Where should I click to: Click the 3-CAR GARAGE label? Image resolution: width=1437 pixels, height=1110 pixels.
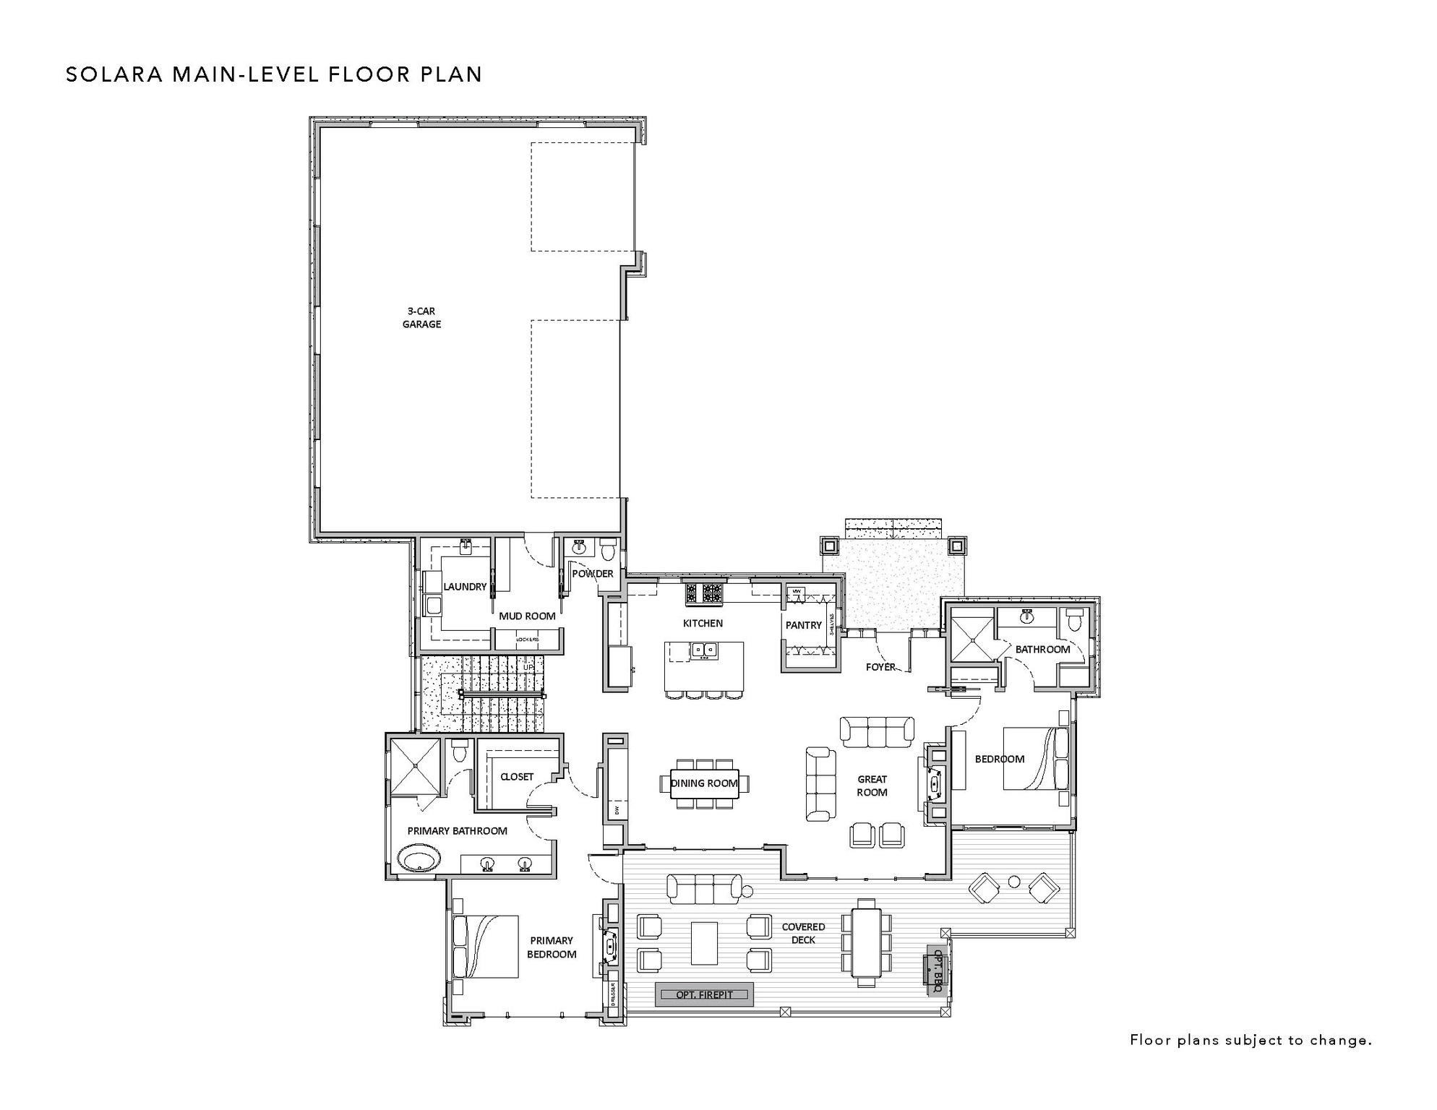click(x=421, y=318)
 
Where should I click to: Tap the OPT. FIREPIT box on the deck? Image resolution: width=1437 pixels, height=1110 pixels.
click(x=704, y=994)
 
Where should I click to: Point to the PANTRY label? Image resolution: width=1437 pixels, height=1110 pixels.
click(x=804, y=625)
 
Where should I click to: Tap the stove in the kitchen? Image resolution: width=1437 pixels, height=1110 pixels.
click(x=703, y=593)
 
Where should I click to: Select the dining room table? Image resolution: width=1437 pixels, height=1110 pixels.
click(x=704, y=783)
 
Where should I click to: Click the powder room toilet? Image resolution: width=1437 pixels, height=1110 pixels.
click(x=608, y=551)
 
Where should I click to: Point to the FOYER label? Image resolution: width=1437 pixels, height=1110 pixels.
click(x=880, y=667)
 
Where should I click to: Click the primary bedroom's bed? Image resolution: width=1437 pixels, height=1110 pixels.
click(x=485, y=947)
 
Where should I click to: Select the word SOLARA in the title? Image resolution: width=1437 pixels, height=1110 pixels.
click(x=114, y=75)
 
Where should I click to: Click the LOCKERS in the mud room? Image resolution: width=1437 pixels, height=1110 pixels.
click(x=528, y=640)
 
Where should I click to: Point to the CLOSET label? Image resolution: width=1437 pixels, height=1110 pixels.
click(x=517, y=777)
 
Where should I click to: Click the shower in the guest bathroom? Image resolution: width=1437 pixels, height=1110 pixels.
click(x=972, y=635)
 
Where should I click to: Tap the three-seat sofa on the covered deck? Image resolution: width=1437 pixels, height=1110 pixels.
click(x=704, y=888)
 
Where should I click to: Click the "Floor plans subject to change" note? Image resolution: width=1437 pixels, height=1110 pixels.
click(x=1251, y=1041)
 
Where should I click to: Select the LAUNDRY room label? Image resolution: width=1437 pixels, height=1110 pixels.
click(x=465, y=587)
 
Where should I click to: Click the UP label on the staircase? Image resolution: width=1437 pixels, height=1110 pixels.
click(x=528, y=667)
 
